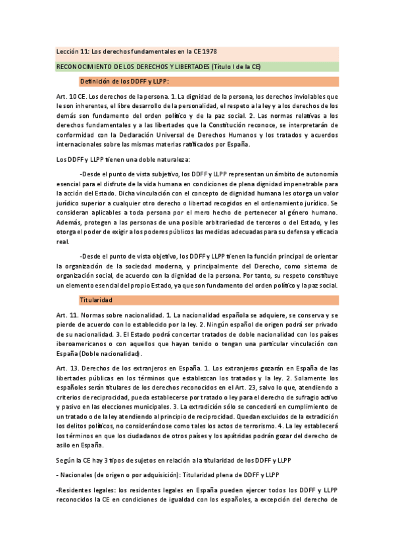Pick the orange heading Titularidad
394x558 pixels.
pos(96,300)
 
